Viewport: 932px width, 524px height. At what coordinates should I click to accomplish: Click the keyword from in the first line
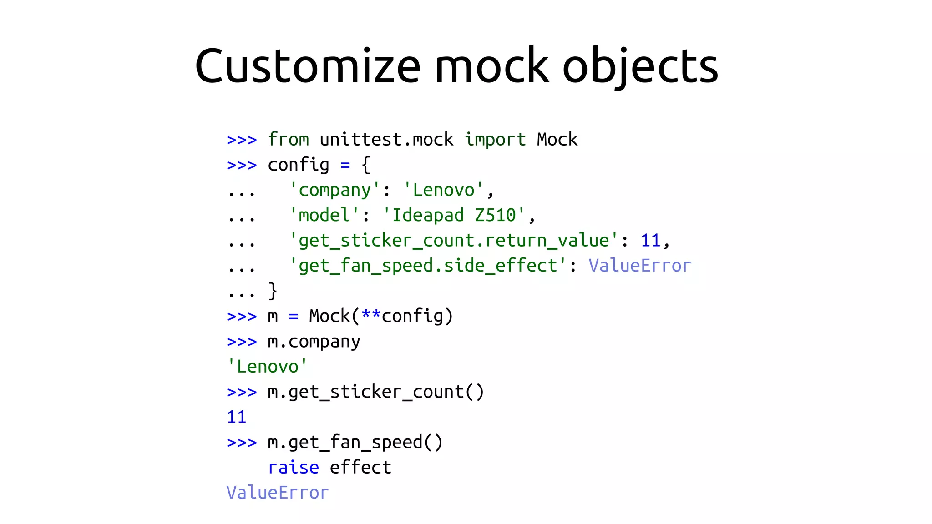tap(289, 140)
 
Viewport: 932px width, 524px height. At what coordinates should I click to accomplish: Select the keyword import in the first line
tap(495, 140)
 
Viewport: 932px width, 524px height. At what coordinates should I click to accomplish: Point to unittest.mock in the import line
tap(386, 140)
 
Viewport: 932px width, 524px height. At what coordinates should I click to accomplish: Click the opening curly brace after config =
tap(366, 165)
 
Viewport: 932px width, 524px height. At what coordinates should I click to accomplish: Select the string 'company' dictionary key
tap(334, 190)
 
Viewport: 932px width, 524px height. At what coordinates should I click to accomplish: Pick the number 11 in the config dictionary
tap(650, 241)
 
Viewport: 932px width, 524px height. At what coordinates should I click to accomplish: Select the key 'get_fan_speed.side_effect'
tap(428, 266)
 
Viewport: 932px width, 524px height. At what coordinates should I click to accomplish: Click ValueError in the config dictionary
tap(639, 266)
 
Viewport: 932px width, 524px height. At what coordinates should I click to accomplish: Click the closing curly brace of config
tap(273, 291)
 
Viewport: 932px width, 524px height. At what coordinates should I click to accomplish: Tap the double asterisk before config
tap(371, 316)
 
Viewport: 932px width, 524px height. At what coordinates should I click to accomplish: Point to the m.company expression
tap(314, 342)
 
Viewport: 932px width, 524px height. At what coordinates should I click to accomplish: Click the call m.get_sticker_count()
tap(376, 392)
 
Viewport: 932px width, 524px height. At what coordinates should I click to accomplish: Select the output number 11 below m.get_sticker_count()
tap(237, 417)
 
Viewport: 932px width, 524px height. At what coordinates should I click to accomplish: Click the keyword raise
tap(294, 468)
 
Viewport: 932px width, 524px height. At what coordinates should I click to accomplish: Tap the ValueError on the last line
tap(278, 493)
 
